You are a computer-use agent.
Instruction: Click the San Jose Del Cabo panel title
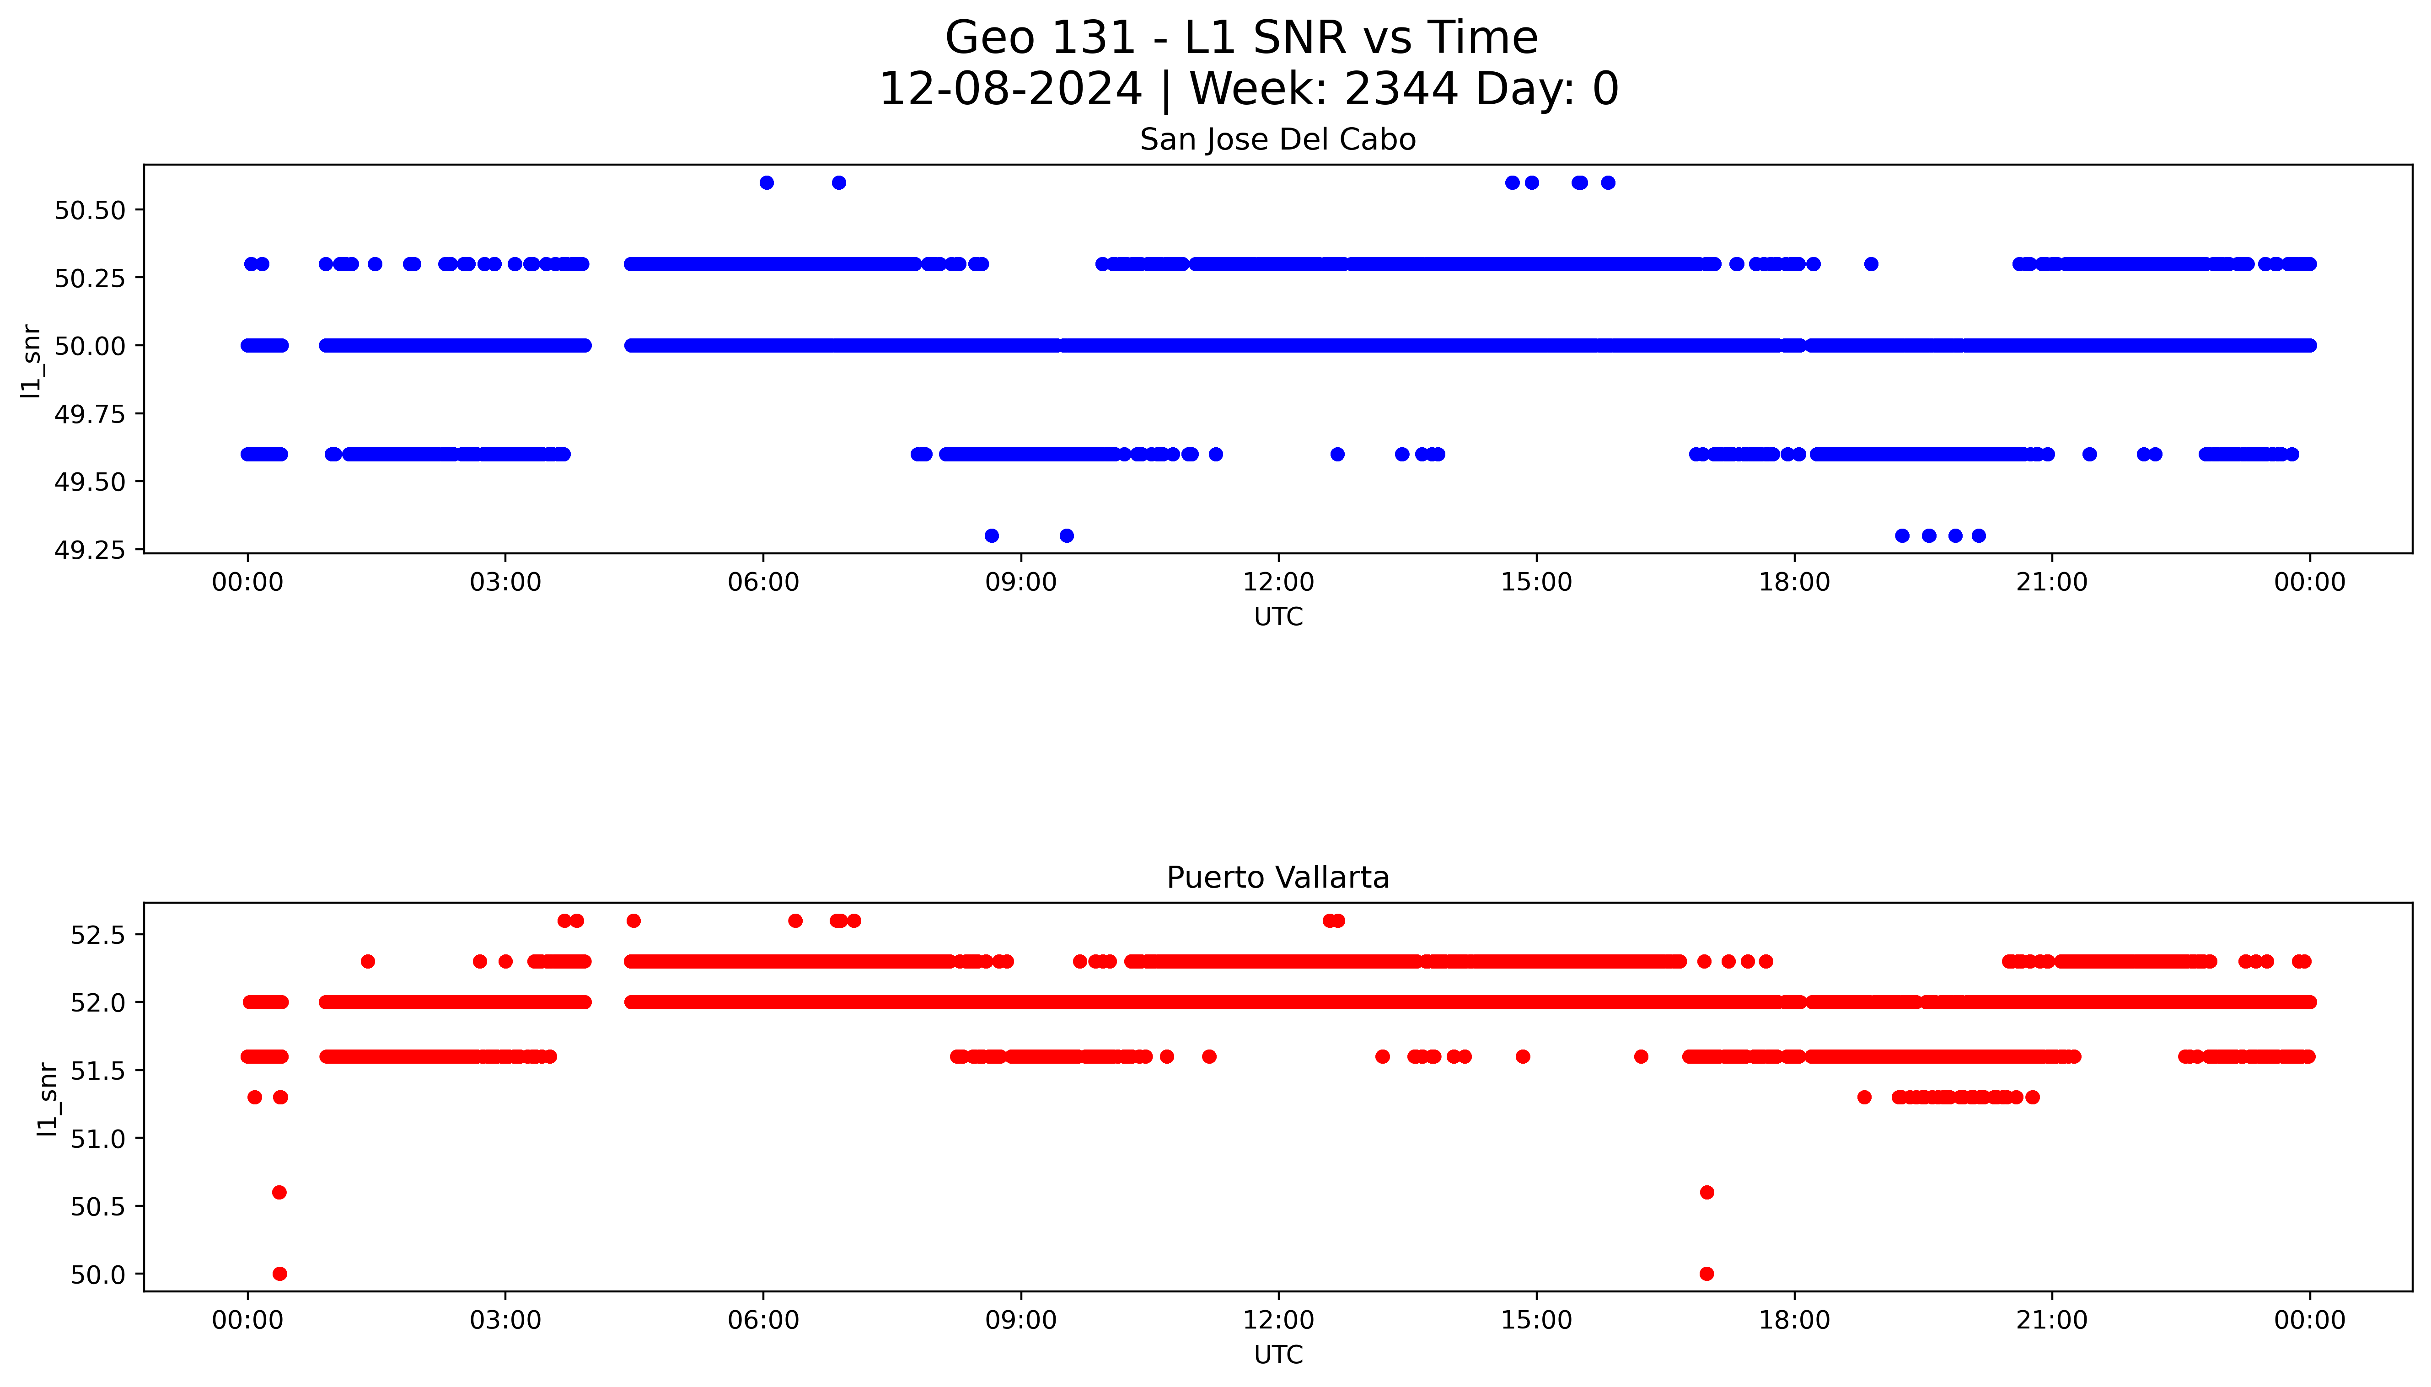coord(1277,140)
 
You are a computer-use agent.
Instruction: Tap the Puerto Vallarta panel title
coord(1277,878)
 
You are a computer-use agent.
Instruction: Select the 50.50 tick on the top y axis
coord(91,210)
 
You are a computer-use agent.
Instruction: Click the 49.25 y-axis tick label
coord(91,551)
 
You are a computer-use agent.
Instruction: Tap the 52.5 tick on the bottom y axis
coord(98,935)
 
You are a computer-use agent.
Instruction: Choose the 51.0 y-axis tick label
coord(98,1138)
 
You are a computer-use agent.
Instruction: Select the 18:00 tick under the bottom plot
coord(1794,1320)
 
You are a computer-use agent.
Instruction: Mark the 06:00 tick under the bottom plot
coord(763,1320)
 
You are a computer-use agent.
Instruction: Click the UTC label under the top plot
coord(1277,617)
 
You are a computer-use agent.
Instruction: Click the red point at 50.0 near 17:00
coord(1706,1274)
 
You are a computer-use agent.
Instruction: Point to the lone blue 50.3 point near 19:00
coord(1871,264)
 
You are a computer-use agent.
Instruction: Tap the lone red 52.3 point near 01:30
coord(368,961)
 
